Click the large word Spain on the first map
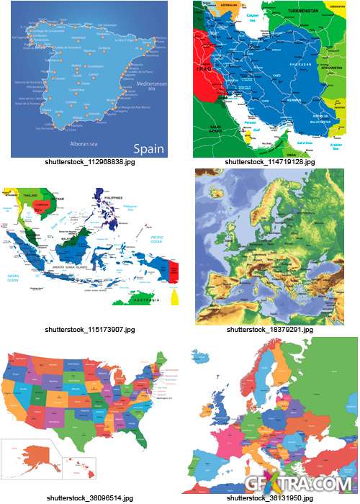[145, 150]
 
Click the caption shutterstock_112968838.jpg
[89, 163]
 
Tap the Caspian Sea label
[253, 15]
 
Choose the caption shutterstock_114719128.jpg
[270, 163]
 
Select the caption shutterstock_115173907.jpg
[89, 329]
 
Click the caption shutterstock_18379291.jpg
[270, 329]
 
